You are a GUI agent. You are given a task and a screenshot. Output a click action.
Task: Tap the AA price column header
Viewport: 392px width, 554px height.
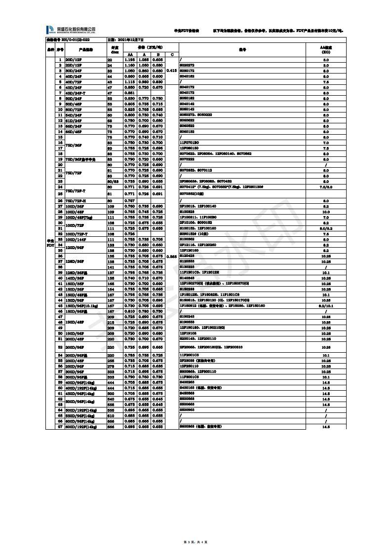[x=129, y=54]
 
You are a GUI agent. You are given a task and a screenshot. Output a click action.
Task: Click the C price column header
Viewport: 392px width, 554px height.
[x=171, y=54]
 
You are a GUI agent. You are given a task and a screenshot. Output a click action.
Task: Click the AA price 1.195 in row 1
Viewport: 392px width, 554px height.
[x=129, y=60]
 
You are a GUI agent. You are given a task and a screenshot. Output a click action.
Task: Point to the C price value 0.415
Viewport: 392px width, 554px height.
[x=171, y=71]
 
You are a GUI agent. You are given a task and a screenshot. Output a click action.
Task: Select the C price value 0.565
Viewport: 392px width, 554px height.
[x=171, y=257]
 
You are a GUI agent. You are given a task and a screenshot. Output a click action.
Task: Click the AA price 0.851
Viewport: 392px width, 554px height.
[x=129, y=92]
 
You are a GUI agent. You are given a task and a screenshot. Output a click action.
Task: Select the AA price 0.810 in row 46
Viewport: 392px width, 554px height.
[x=129, y=311]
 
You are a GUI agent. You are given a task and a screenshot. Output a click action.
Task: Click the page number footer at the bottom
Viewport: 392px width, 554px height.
[x=196, y=542]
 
